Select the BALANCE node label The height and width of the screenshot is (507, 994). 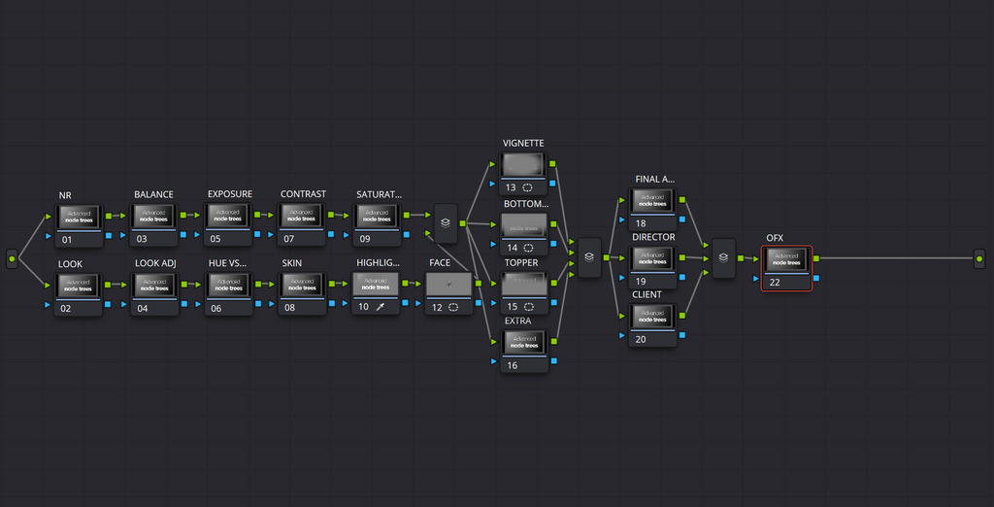pos(153,194)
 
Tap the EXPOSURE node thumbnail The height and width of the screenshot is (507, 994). pos(228,217)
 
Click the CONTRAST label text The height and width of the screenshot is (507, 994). pos(303,194)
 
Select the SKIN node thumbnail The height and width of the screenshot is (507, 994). pos(303,285)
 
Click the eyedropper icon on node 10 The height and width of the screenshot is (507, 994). pos(381,307)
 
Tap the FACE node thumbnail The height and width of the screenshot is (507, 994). pos(448,285)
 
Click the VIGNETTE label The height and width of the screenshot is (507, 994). pos(523,143)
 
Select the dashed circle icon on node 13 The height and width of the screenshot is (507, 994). pos(528,186)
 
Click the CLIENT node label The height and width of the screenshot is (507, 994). pos(646,294)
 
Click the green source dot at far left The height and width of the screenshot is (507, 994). pos(12,258)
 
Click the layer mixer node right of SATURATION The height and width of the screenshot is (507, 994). pos(445,222)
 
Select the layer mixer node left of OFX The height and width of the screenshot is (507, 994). pos(723,258)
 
